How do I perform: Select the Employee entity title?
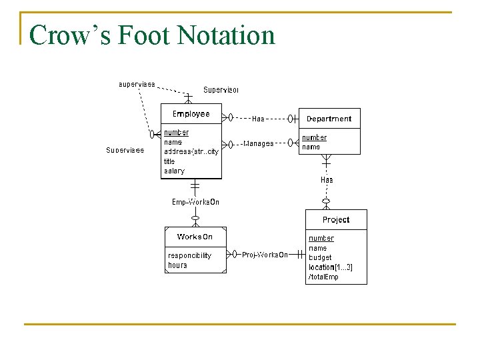[191, 114]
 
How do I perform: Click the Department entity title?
[329, 119]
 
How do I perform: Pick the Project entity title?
[336, 220]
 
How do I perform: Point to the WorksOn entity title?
[195, 237]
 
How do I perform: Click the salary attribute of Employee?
[174, 171]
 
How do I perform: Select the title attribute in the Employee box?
[169, 161]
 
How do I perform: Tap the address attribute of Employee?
[191, 152]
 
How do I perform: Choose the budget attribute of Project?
[320, 257]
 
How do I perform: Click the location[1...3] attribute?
[331, 267]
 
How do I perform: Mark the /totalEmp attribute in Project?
[323, 277]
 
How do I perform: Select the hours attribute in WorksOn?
[177, 265]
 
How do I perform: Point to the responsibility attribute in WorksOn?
[189, 255]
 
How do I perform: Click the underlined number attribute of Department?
[314, 137]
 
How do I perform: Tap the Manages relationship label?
[258, 143]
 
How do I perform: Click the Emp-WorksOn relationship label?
[195, 202]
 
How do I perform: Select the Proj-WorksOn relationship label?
[265, 255]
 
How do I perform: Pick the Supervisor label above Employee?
[221, 90]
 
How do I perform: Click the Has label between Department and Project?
[327, 180]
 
